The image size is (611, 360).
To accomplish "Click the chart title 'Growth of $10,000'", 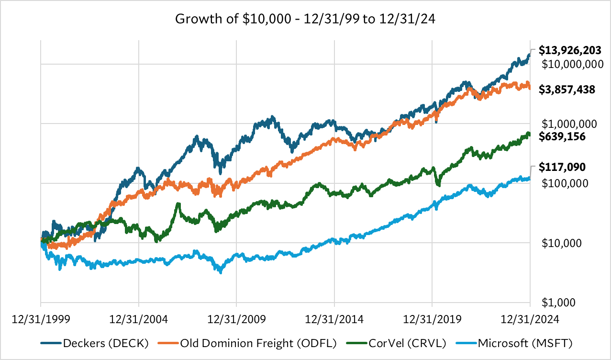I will [x=305, y=20].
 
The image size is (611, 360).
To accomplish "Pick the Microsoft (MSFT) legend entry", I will [x=525, y=342].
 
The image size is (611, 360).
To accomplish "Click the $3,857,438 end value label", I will [x=567, y=89].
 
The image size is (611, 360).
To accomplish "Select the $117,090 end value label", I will [x=563, y=168].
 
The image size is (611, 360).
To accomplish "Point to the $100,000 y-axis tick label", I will [x=565, y=183].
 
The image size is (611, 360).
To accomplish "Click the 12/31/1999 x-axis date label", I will [x=40, y=319].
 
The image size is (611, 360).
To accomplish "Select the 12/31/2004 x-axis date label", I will [x=138, y=319].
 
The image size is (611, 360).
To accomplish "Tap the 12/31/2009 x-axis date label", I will [x=236, y=319].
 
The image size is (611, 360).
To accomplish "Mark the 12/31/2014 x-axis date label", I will [x=334, y=319].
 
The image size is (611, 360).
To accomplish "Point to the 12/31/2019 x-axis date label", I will [x=433, y=319].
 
